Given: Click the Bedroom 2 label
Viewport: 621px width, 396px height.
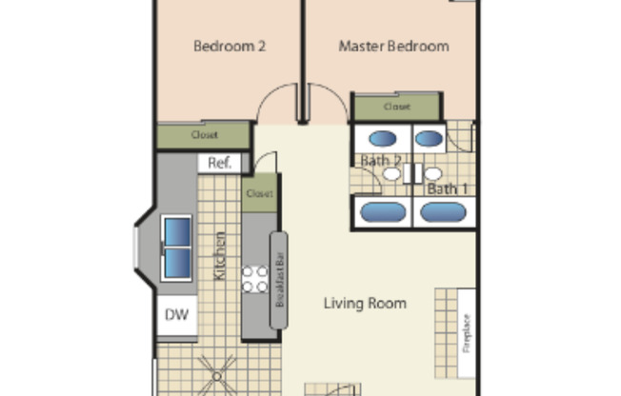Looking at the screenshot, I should click(229, 45).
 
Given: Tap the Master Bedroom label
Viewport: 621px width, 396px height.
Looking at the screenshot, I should click(393, 45).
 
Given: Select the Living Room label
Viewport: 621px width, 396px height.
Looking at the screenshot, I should click(365, 304).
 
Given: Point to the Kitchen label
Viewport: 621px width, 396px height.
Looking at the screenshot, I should click(220, 255).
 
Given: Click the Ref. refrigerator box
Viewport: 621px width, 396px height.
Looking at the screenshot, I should click(220, 163).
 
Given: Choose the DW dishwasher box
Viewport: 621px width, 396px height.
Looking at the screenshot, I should click(176, 315).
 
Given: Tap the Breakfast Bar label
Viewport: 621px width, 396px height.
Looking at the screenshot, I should click(279, 281).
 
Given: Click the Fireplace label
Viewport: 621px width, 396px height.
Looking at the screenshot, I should click(467, 332).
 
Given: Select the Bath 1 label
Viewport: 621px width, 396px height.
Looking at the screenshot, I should click(447, 188).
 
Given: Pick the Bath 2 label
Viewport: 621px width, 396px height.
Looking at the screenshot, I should click(385, 160).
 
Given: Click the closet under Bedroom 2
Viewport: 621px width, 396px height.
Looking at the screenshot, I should click(204, 135).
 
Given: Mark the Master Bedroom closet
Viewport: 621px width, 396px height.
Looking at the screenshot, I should click(397, 107).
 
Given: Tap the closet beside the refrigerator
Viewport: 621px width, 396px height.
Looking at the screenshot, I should click(259, 193).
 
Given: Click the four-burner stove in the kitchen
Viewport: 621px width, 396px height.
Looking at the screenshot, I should click(255, 279).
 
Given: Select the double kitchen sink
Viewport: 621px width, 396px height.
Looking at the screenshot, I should click(176, 247).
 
